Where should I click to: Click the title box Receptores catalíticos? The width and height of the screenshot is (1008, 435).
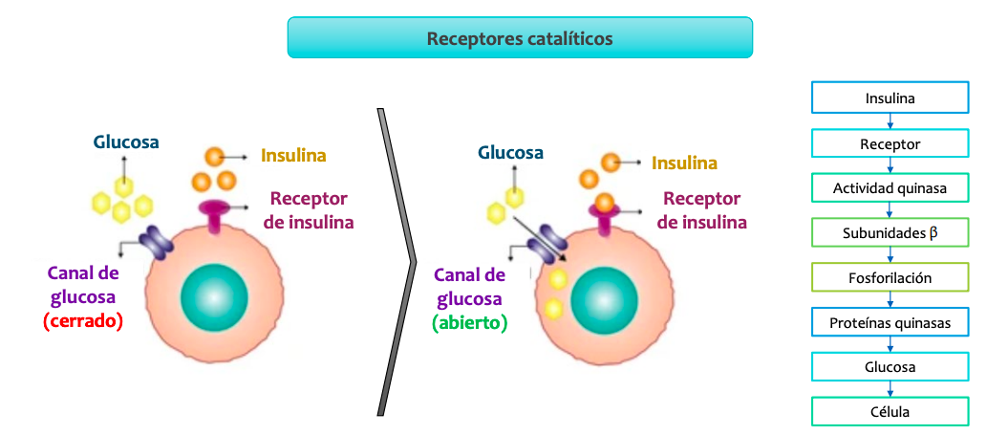point(520,38)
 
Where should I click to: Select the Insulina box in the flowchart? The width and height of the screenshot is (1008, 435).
point(890,98)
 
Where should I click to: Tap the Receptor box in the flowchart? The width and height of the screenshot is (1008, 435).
point(890,143)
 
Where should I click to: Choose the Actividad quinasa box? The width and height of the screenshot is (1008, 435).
point(890,187)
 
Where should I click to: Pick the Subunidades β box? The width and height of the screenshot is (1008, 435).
point(890,232)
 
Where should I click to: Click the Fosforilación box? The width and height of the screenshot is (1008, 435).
point(890,277)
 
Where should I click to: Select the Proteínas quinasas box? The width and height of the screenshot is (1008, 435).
point(890,322)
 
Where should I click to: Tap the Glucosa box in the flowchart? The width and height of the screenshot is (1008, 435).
point(890,367)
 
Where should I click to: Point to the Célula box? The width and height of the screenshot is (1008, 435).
point(890,411)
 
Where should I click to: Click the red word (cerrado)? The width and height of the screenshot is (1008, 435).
point(83,321)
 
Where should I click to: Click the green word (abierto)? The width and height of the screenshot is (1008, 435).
point(469,322)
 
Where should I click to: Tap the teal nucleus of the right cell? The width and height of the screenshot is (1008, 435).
point(604,302)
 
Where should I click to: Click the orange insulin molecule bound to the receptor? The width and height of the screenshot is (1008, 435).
point(603,202)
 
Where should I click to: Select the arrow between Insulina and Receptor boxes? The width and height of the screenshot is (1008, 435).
point(890,120)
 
